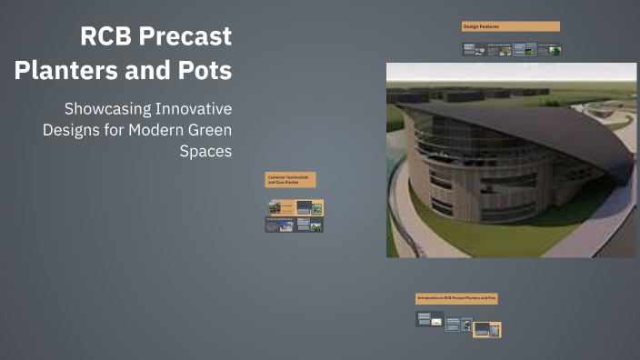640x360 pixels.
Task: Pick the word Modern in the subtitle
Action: click(x=166, y=129)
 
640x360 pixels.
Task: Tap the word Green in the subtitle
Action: click(x=210, y=129)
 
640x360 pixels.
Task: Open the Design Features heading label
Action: click(x=510, y=26)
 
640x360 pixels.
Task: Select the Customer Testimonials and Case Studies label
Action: click(x=290, y=180)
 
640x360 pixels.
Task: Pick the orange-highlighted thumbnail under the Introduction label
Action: click(x=487, y=329)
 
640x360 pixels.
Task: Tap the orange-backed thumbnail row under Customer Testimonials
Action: click(x=295, y=208)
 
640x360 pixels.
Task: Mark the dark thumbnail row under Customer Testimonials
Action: click(x=295, y=225)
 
